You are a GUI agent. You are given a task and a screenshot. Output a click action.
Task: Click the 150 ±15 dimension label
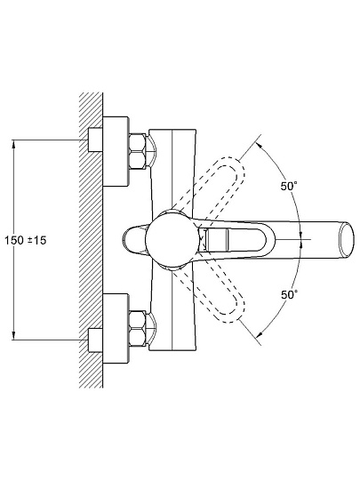(26, 240)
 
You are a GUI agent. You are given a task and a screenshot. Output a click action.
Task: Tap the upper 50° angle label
(289, 186)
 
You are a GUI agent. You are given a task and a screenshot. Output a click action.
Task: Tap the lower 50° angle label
(289, 294)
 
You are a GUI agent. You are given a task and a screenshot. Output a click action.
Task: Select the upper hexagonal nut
(137, 150)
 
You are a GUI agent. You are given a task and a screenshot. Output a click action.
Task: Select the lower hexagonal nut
(137, 329)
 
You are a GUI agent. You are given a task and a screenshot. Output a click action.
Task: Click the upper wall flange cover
(116, 151)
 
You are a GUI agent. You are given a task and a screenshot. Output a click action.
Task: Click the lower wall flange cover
(116, 329)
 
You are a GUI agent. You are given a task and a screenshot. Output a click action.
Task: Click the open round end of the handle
(347, 240)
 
